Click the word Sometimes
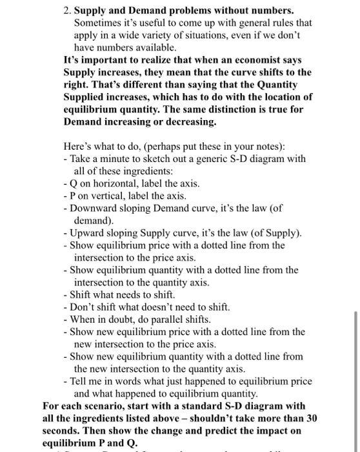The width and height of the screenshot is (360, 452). (x=96, y=23)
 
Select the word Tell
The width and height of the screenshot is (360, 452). (x=80, y=381)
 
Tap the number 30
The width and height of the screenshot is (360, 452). (x=312, y=418)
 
